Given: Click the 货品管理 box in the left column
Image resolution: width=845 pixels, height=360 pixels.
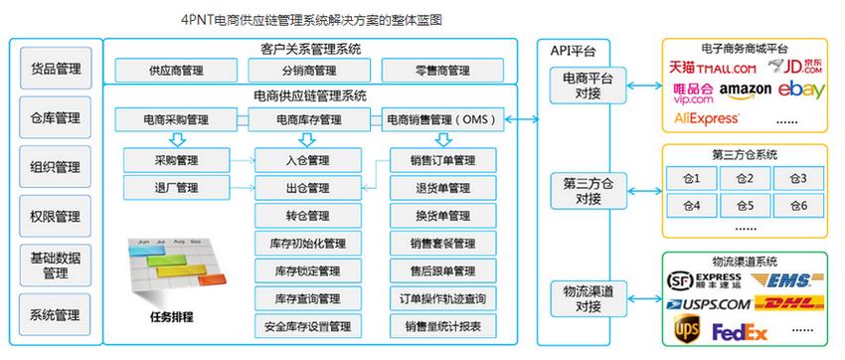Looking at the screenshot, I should (55, 70).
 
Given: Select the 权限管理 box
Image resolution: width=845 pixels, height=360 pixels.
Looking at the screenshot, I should (55, 216).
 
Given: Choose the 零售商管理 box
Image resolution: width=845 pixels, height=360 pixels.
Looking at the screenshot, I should (439, 72).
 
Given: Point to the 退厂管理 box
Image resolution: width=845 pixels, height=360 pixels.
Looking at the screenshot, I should (176, 187).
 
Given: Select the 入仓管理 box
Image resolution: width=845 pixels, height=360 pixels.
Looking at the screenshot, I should (306, 160).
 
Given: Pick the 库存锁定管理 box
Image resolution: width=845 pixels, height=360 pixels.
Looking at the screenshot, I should (306, 270).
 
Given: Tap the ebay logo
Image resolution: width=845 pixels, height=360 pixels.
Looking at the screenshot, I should (801, 90).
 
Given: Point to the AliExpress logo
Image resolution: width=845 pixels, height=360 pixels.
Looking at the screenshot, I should (707, 117).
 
